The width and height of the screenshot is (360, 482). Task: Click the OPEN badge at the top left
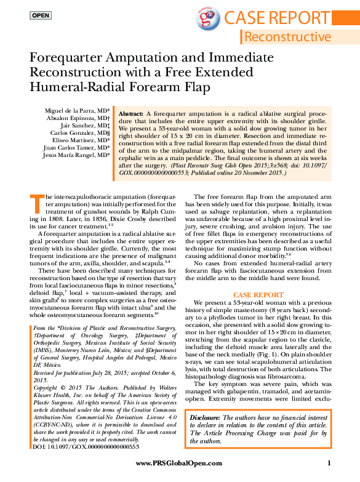pos(41,15)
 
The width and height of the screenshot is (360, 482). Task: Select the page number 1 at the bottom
pos(330,463)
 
